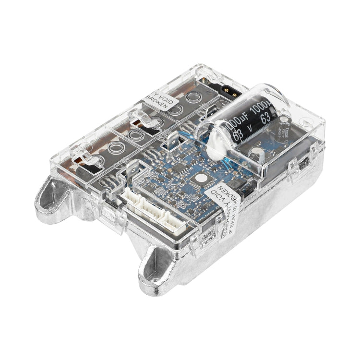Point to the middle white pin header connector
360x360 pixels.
click(154, 209)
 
